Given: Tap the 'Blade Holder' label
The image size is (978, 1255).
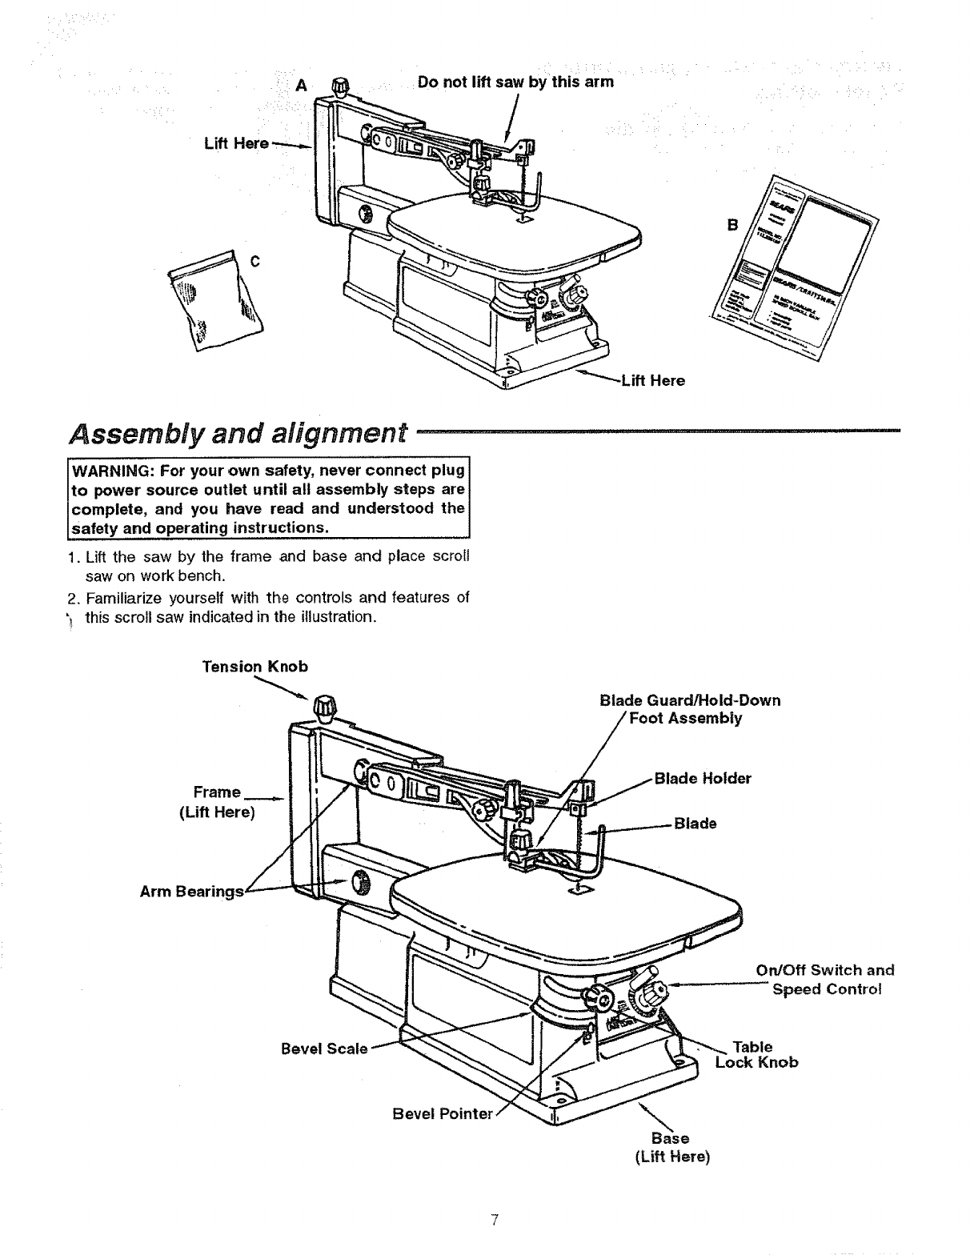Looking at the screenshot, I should click(703, 779).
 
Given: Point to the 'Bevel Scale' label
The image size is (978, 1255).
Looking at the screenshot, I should click(324, 1049).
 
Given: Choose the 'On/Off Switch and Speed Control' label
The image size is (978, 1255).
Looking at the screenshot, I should click(825, 980).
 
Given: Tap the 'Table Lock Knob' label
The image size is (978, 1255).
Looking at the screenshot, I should click(756, 1055).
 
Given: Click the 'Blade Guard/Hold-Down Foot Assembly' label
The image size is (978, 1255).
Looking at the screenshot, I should click(690, 709).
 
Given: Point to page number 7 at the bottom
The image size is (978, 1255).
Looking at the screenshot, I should click(495, 1221).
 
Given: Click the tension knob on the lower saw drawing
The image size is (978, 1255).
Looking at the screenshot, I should click(326, 707).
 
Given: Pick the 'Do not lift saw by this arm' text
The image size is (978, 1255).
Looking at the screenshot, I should click(515, 82).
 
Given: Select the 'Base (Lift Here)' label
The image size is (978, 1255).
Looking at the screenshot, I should click(671, 1148).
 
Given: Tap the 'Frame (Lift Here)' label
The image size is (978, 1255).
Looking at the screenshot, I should click(217, 802).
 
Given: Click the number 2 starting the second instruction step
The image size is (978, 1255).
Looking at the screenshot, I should click(71, 598).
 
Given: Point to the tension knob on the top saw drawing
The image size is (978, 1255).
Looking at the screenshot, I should click(342, 85).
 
